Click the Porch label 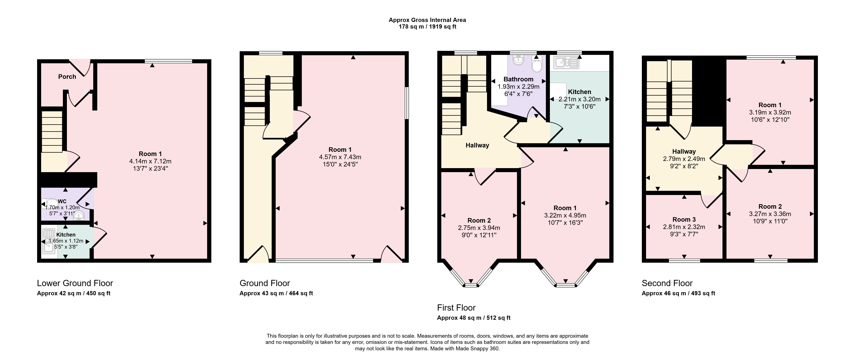point(67,77)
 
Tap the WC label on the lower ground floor point(62,201)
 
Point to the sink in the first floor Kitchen point(566,62)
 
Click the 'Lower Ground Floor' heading point(75,283)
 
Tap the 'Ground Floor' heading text point(265,283)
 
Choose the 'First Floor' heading point(456,308)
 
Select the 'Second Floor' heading point(667,283)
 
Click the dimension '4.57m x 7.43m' point(340,157)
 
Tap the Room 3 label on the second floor point(684,220)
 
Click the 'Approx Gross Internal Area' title point(427,20)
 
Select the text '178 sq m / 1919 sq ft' point(427,27)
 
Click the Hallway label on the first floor point(477,145)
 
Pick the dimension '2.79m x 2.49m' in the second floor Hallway point(684,159)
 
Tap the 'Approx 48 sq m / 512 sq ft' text point(474,318)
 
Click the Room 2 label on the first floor point(479,220)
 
